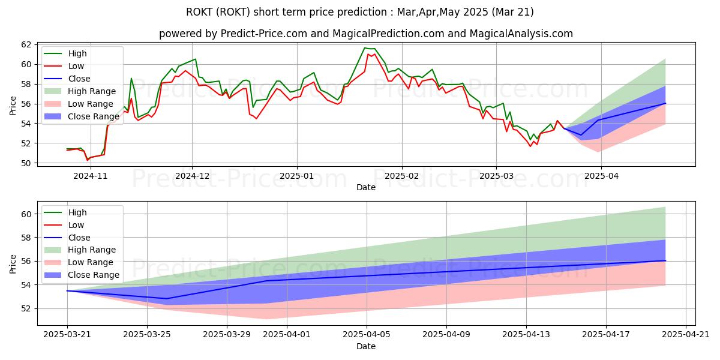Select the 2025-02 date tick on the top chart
pos(401,176)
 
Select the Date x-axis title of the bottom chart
pos(366,346)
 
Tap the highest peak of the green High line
pos(365,48)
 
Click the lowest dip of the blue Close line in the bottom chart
pos(167,299)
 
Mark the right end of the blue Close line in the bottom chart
pos(665,260)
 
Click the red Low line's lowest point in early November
pos(88,160)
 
